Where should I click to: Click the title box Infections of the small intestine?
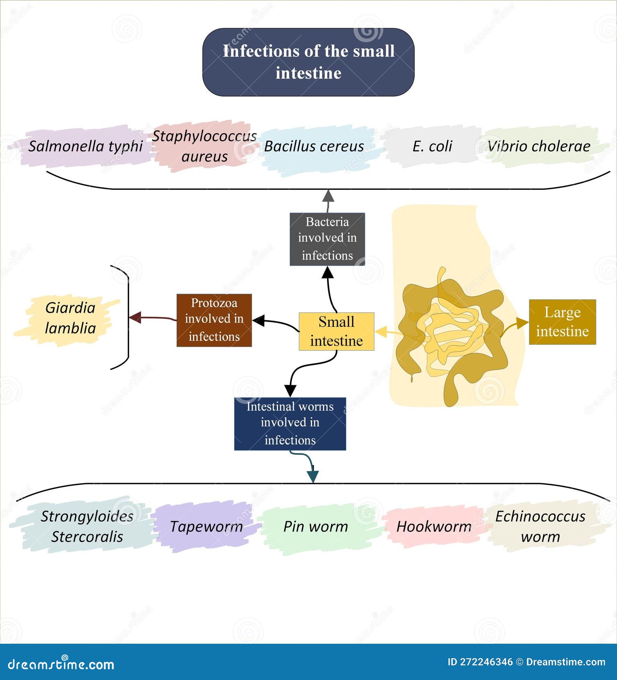pyautogui.click(x=308, y=62)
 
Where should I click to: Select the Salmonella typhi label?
pyautogui.click(x=85, y=146)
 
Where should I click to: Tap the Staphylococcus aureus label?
pyautogui.click(x=204, y=146)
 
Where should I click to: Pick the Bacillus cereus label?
pyautogui.click(x=314, y=146)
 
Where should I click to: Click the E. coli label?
pyautogui.click(x=432, y=146)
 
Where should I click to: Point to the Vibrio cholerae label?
pyautogui.click(x=539, y=146)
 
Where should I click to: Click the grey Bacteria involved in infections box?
pyautogui.click(x=327, y=239)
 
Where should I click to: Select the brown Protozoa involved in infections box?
pyautogui.click(x=214, y=320)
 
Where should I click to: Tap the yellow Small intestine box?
pyautogui.click(x=336, y=331)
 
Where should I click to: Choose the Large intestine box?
pyautogui.click(x=562, y=322)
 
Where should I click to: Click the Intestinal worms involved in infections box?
pyautogui.click(x=290, y=423)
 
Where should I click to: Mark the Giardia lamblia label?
pyautogui.click(x=70, y=318)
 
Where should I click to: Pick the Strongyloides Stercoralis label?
pyautogui.click(x=87, y=526)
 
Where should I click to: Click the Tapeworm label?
pyautogui.click(x=206, y=526)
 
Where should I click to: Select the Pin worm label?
pyautogui.click(x=316, y=526)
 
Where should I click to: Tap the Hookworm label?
pyautogui.click(x=434, y=526)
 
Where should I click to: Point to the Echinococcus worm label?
pyautogui.click(x=540, y=526)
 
